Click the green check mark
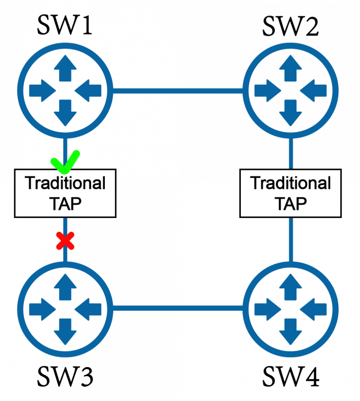point(65,162)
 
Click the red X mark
point(65,241)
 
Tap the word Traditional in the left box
point(65,184)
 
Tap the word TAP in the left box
point(65,204)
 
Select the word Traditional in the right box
point(290,184)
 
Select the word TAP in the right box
point(290,204)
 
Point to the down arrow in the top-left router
point(65,112)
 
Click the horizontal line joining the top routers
point(177,91)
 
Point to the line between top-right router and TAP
point(290,153)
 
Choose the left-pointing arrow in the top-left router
point(87,91)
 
